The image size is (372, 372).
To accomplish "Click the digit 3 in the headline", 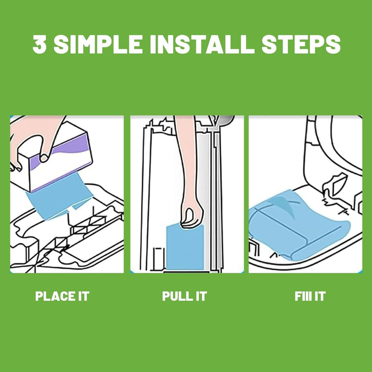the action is [x=39, y=44].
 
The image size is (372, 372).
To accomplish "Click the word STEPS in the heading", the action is [x=301, y=44].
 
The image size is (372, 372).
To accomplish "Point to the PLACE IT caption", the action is [x=62, y=296].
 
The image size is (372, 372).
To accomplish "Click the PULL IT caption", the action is [x=184, y=296].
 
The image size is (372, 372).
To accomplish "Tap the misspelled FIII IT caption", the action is [x=310, y=296].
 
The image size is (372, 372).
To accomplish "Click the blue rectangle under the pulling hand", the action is [x=185, y=248].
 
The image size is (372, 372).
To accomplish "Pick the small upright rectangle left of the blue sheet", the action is [x=159, y=259].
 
